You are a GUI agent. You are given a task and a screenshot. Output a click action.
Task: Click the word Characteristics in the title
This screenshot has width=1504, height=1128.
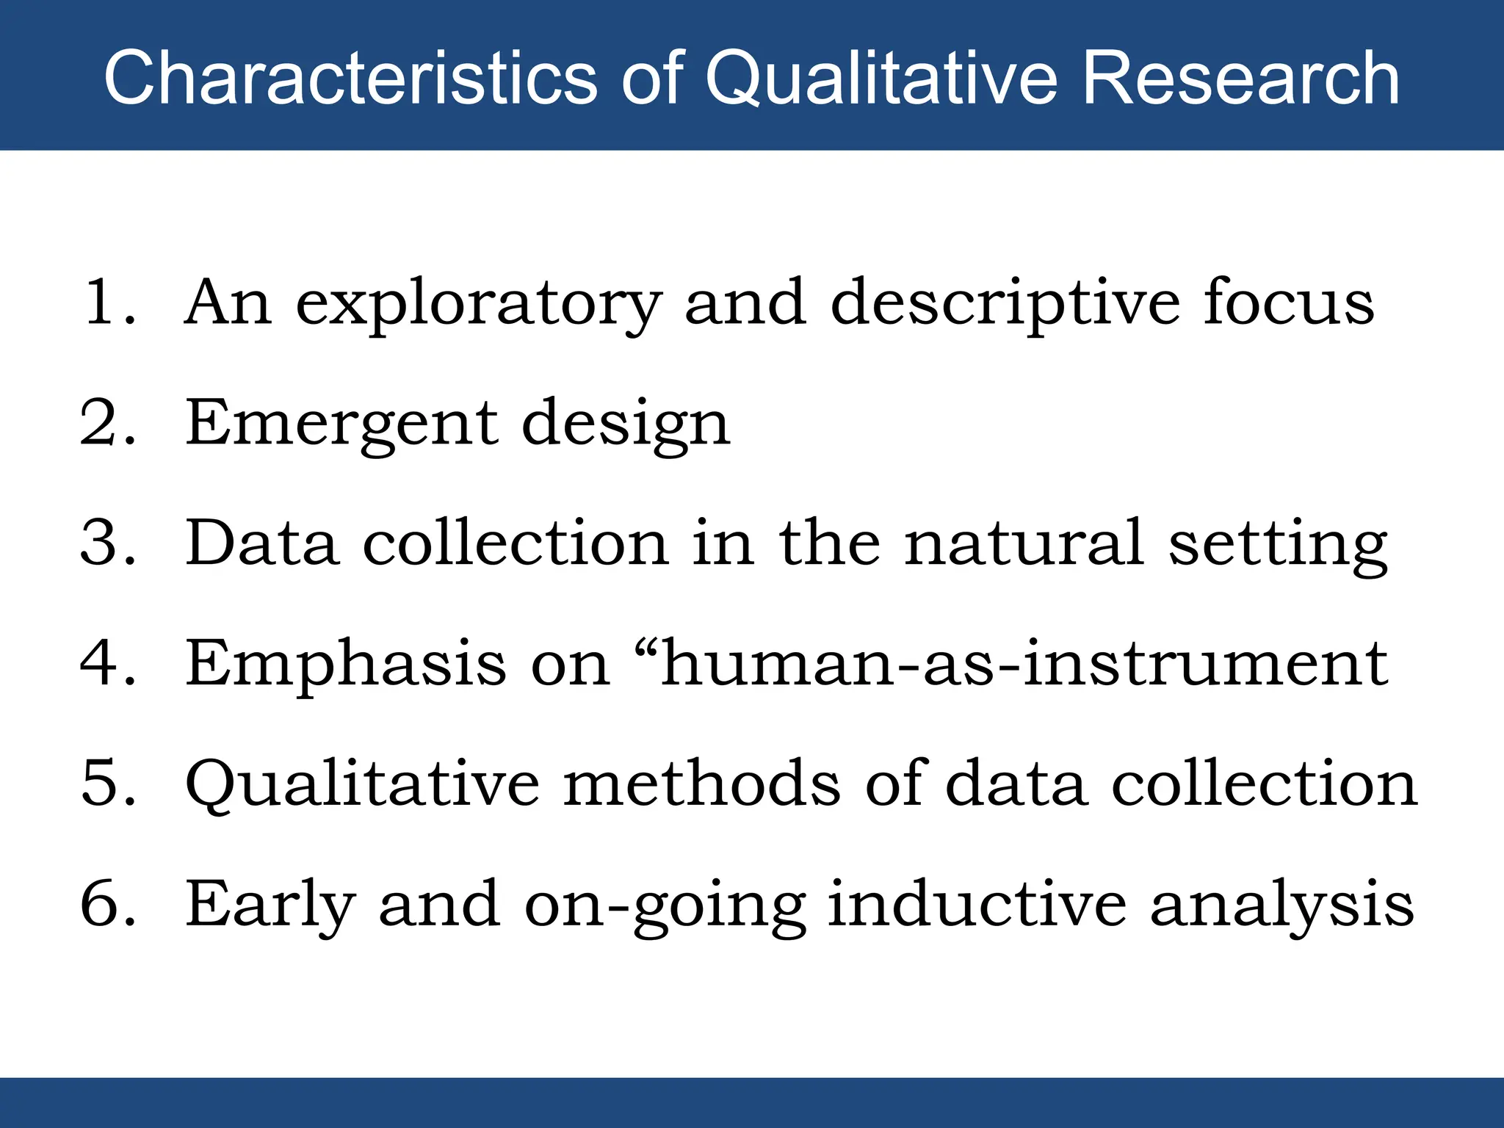coord(350,78)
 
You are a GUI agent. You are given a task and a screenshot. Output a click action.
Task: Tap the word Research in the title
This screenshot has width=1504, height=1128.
coord(1241,78)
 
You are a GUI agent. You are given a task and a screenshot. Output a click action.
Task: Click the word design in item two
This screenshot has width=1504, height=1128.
coord(625,426)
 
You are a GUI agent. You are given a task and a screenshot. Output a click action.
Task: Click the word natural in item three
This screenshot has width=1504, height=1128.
coord(1023,543)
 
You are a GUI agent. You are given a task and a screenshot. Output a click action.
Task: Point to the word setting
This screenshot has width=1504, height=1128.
coord(1277,546)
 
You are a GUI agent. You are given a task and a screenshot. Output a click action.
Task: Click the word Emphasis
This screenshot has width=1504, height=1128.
coord(345,665)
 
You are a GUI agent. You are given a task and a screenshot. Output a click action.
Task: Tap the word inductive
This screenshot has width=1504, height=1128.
coord(976,904)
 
